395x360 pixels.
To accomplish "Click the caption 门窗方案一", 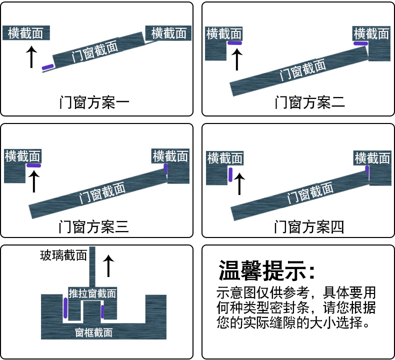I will (94, 103).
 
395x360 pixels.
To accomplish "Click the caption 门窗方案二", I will (309, 103).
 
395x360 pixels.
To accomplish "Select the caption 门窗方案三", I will (94, 227).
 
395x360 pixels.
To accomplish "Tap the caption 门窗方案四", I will (309, 227).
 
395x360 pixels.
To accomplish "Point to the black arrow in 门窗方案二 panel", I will (237, 59).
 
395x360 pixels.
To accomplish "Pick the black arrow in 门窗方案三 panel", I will (33, 181).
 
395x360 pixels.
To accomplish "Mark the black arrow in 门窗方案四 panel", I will (239, 183).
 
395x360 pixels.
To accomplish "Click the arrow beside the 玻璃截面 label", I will (108, 265).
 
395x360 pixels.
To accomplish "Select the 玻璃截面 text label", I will (63, 256).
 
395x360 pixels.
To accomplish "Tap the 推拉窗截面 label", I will (92, 293).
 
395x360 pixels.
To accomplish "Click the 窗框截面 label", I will (93, 332).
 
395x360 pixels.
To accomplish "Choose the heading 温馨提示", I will (267, 271).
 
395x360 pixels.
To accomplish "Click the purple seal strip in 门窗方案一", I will (47, 67).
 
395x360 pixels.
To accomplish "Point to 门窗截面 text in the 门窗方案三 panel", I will (102, 193).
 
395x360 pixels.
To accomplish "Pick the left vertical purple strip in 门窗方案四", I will (230, 174).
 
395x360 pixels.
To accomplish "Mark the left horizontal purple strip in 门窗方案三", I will (34, 165).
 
